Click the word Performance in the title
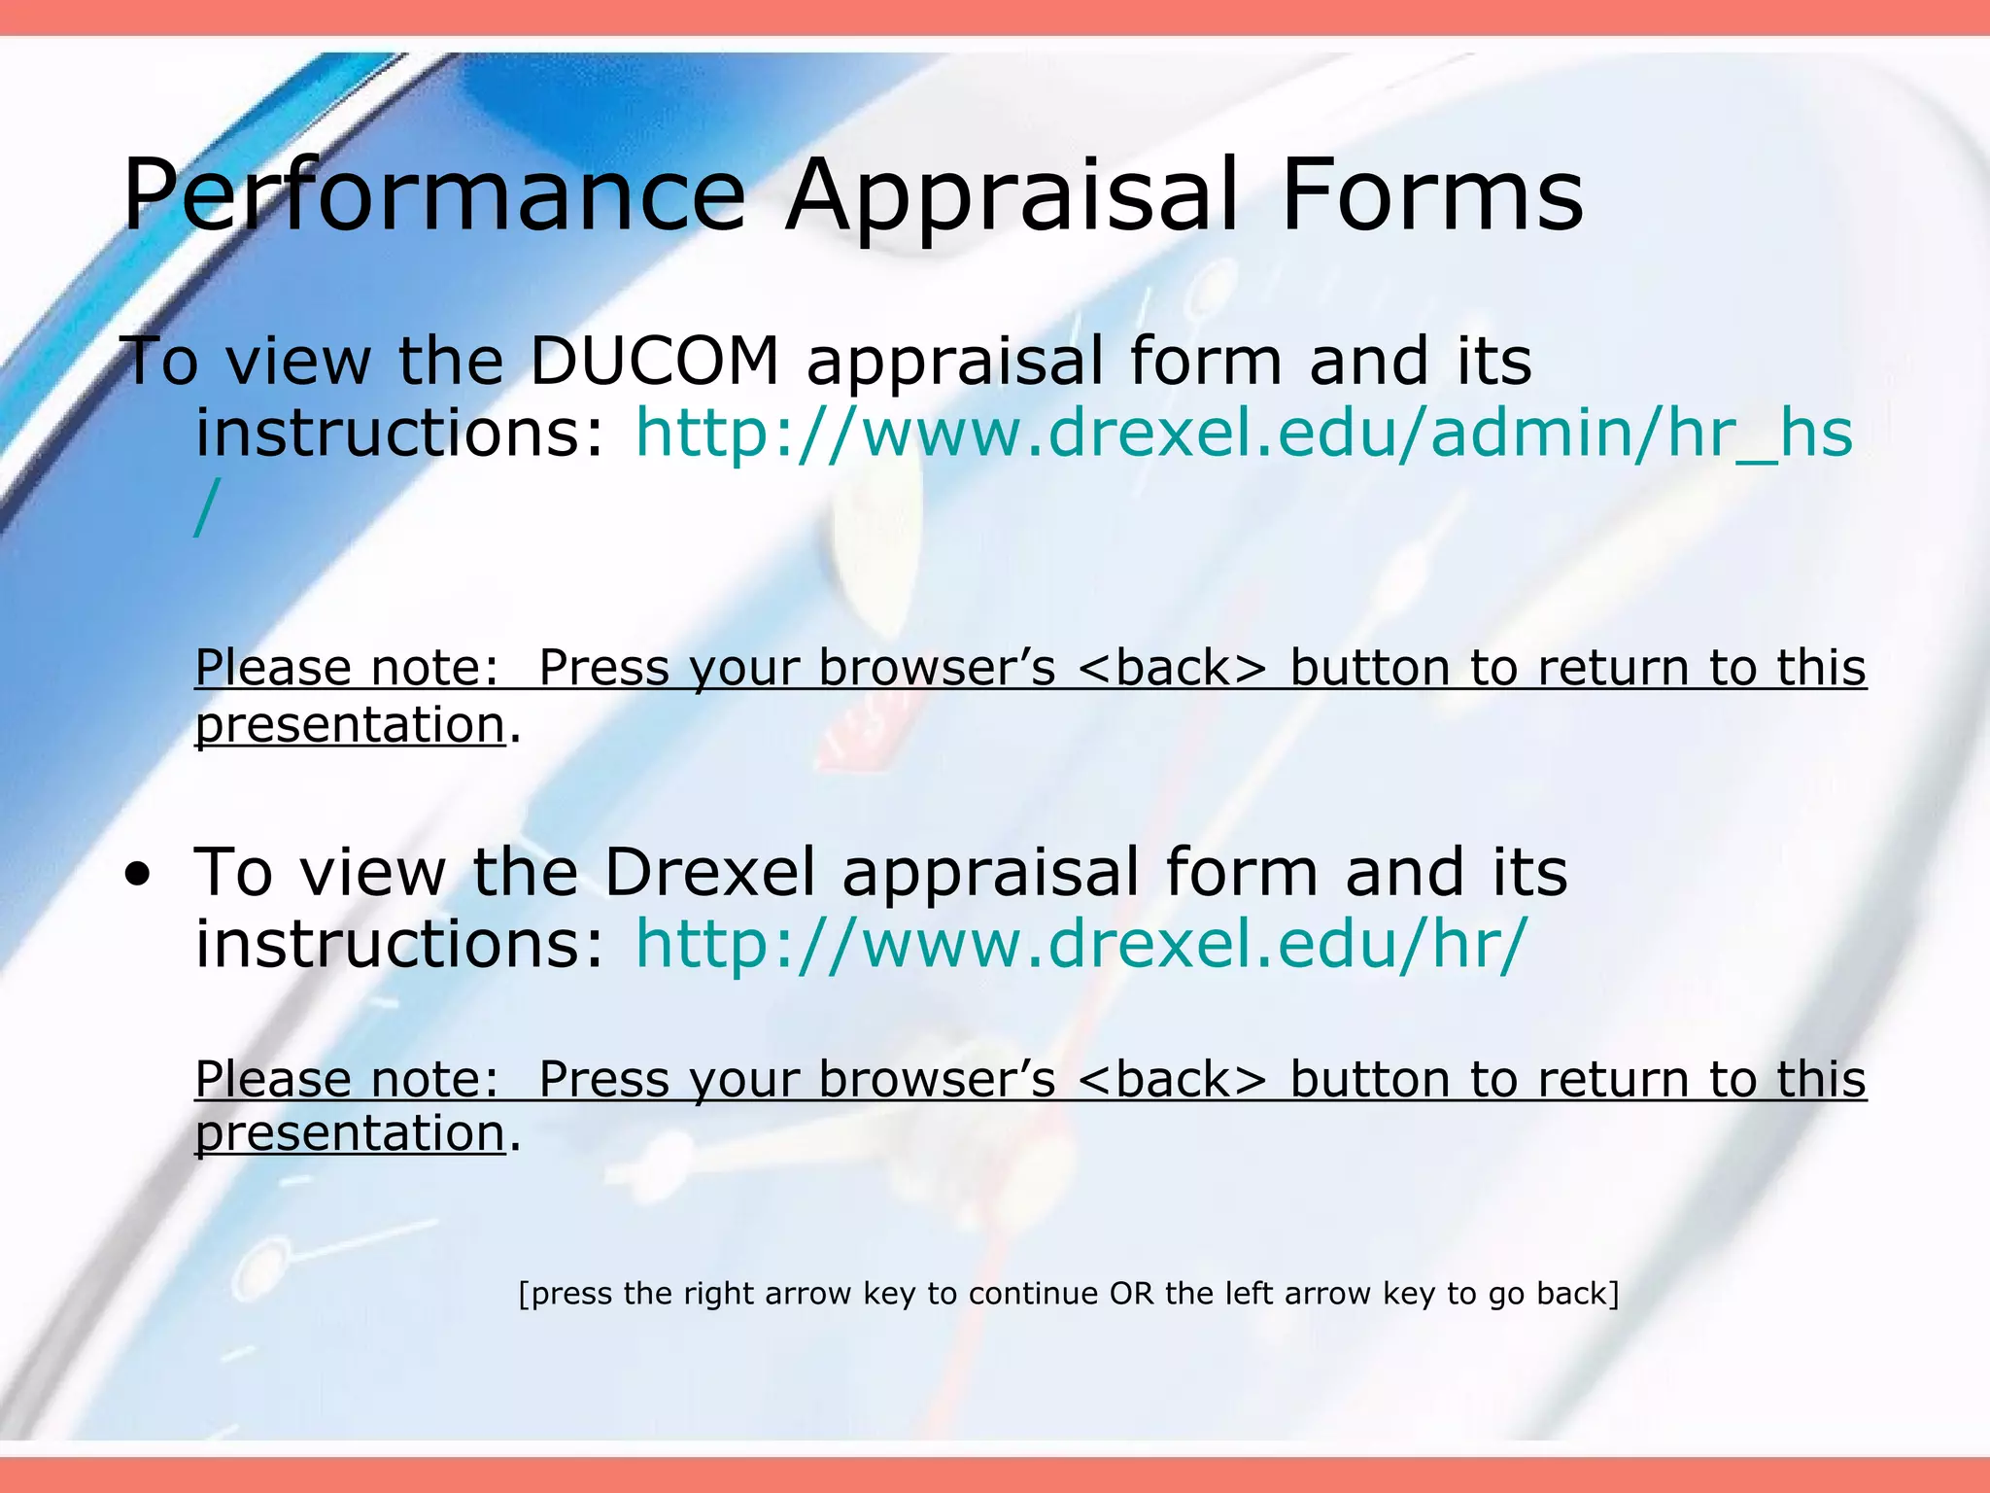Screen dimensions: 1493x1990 coord(433,197)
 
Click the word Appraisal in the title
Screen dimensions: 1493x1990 coord(1012,197)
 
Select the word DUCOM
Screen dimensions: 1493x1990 coord(654,362)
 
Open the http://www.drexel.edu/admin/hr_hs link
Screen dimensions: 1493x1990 coord(1243,434)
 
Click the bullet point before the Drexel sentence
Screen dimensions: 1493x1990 coord(138,875)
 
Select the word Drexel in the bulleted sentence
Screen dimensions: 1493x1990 coord(709,872)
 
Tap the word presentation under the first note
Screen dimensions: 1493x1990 coord(350,726)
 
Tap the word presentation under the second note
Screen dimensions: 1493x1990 coord(350,1134)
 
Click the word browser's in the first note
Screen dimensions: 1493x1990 coord(937,669)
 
